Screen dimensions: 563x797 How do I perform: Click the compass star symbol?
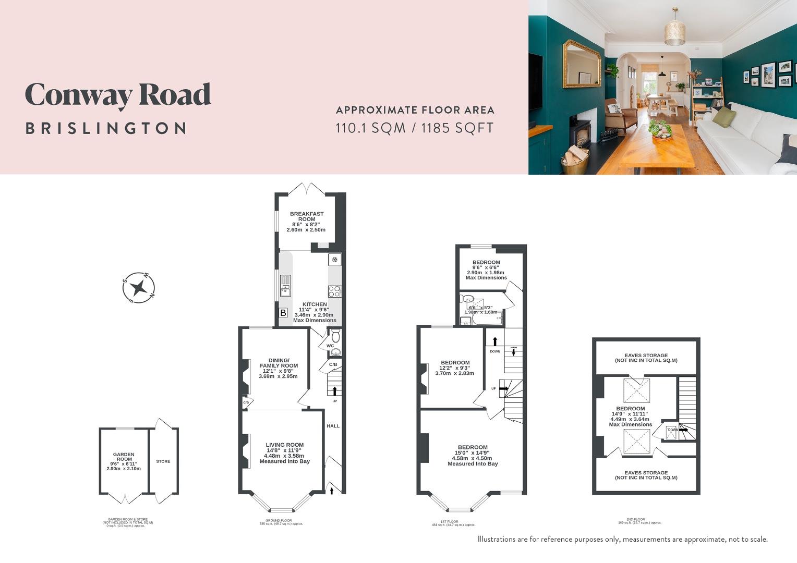tap(139, 287)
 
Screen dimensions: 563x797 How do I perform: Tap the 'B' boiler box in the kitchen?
tap(283, 313)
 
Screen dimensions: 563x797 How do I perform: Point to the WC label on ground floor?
tap(330, 346)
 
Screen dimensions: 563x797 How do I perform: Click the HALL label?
tap(333, 426)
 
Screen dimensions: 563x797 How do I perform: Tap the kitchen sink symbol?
tap(285, 285)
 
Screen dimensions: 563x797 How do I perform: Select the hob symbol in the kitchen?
tap(334, 291)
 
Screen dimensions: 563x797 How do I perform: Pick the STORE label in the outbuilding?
tap(163, 461)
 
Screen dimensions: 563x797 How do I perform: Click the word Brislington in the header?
tap(106, 128)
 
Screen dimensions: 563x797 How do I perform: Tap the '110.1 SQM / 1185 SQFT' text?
tap(415, 128)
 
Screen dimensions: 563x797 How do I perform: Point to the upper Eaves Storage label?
tap(646, 358)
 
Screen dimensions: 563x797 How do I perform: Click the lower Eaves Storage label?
tap(646, 475)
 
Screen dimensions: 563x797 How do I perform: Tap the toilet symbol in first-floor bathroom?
tap(467, 299)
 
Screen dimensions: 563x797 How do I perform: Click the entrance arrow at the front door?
tap(332, 489)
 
